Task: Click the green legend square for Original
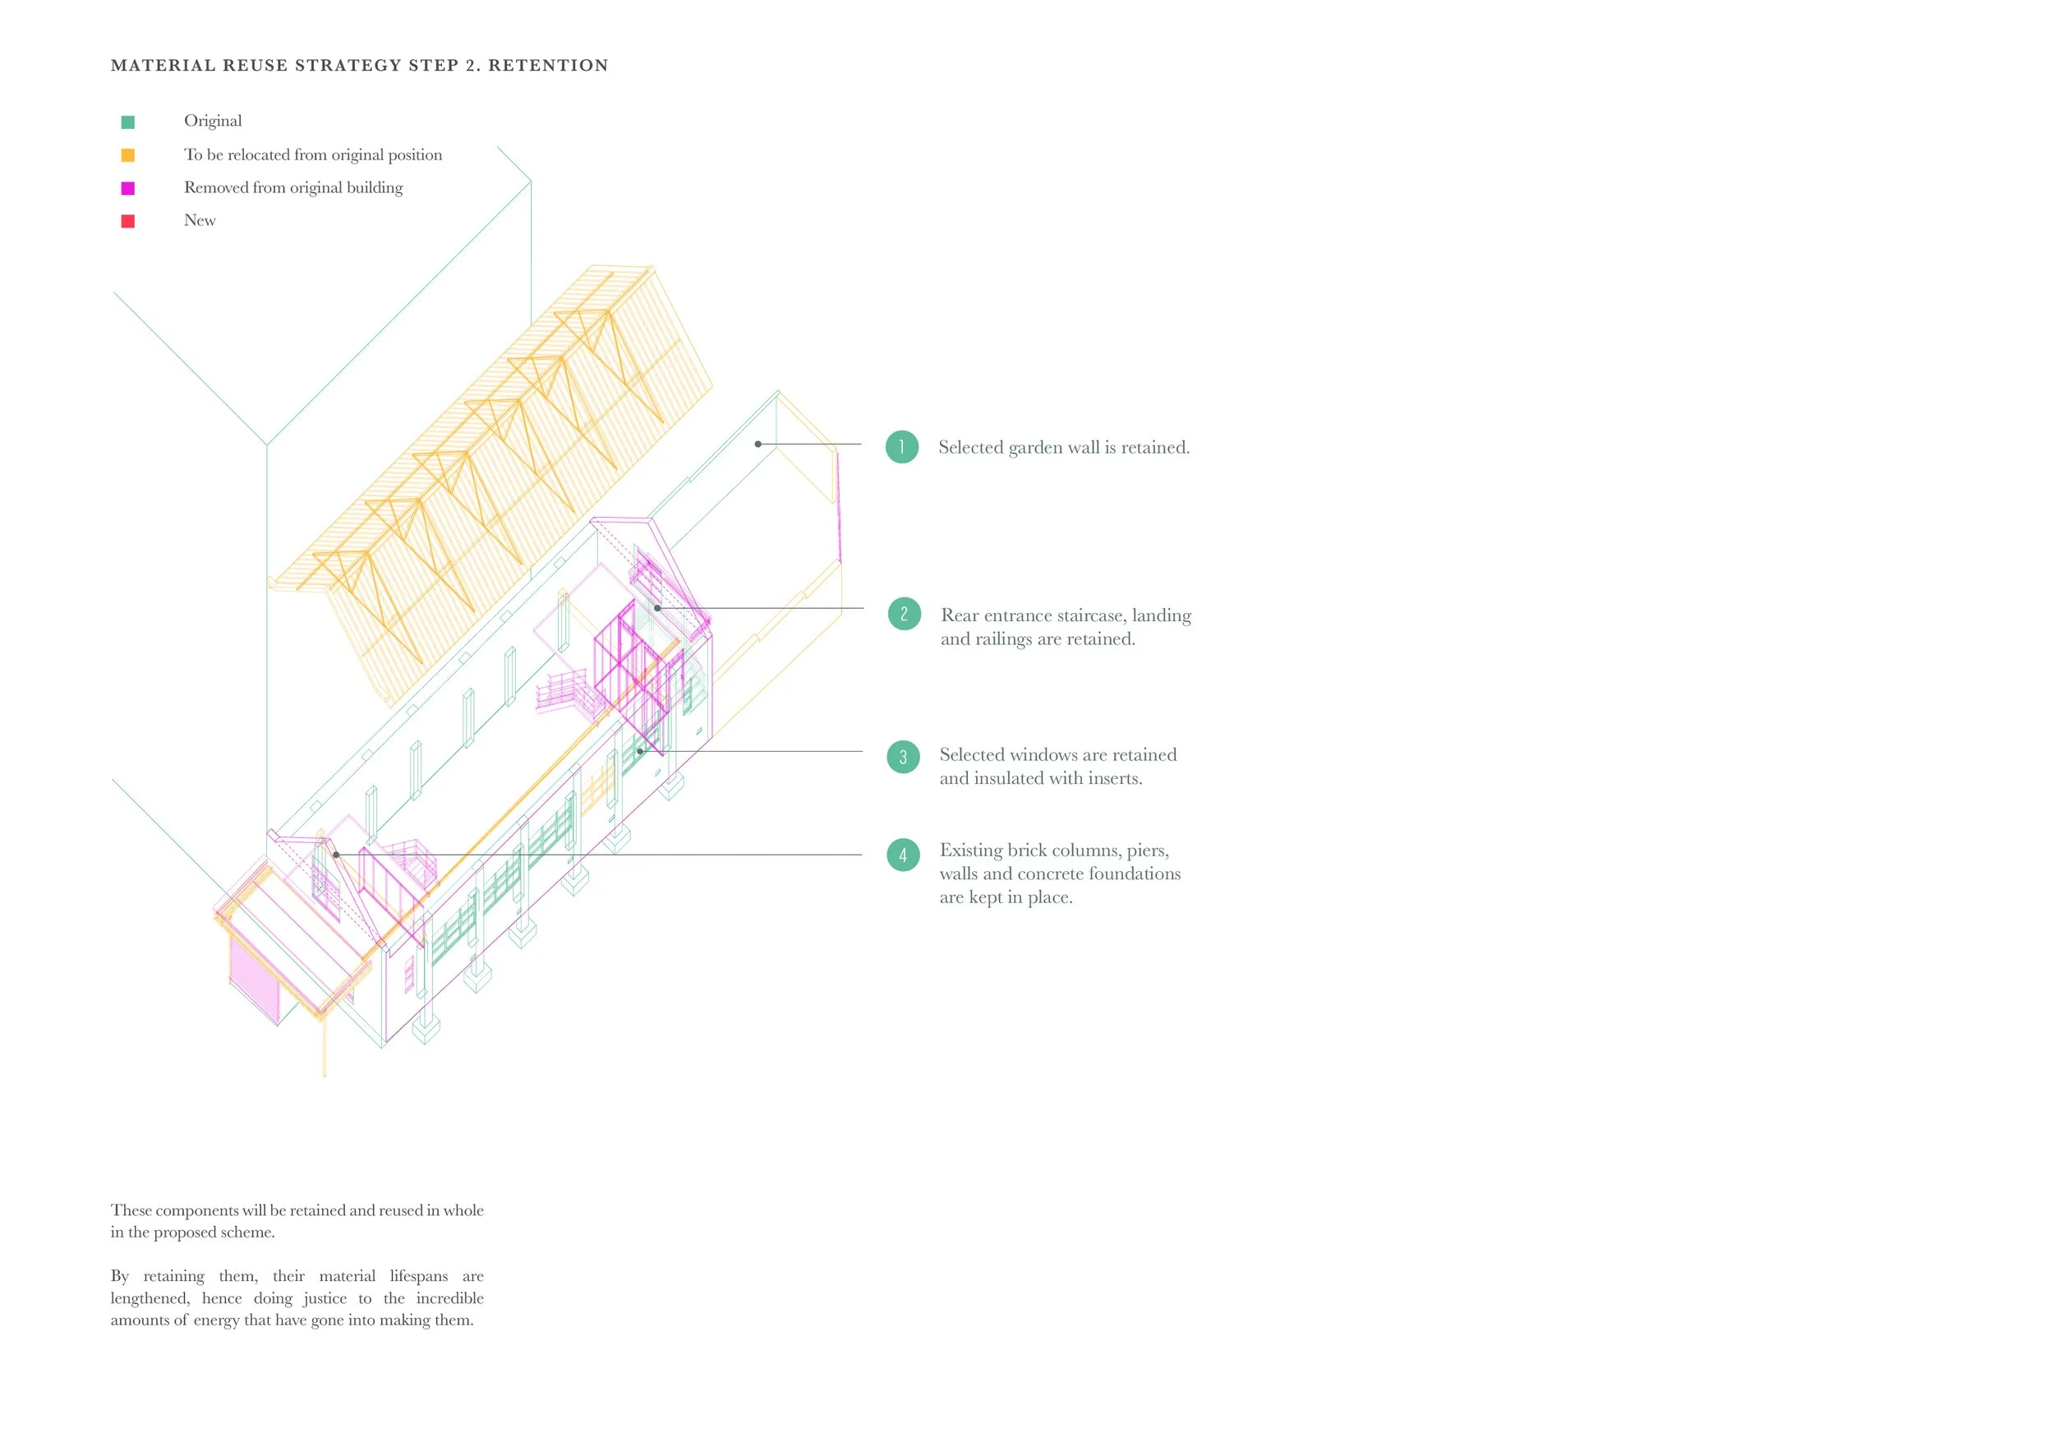click(x=128, y=122)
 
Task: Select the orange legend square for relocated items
click(x=128, y=154)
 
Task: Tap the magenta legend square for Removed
click(x=128, y=188)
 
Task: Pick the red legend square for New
click(x=128, y=221)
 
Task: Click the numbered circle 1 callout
click(x=902, y=446)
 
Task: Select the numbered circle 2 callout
click(x=904, y=614)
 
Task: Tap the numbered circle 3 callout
click(x=903, y=757)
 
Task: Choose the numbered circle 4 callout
click(x=903, y=855)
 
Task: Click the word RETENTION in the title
click(x=547, y=65)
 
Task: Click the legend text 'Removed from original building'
click(x=293, y=188)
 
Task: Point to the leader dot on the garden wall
click(x=758, y=444)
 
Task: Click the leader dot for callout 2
click(x=657, y=608)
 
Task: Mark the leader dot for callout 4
click(x=336, y=855)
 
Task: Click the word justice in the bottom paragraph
click(x=325, y=1298)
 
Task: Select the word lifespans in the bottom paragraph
click(x=419, y=1276)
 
